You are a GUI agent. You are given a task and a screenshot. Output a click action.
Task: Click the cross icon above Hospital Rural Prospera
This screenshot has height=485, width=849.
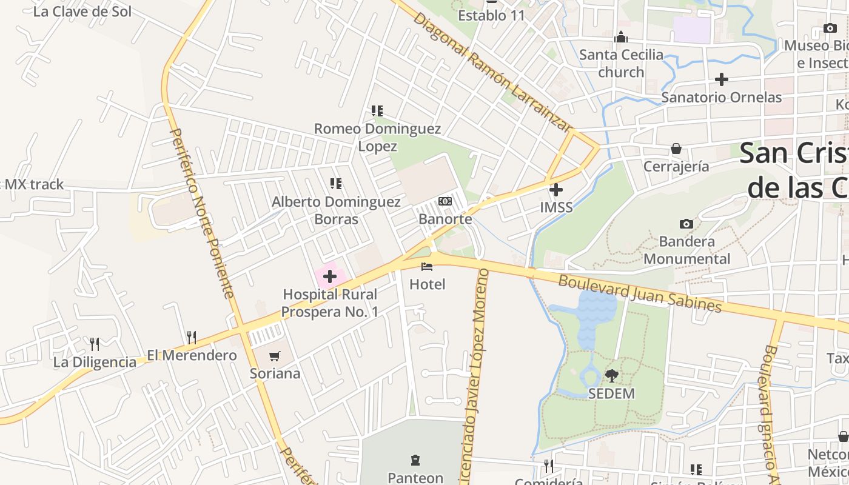click(x=330, y=277)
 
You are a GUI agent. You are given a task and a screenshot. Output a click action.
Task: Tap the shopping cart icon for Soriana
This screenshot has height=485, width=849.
click(x=275, y=356)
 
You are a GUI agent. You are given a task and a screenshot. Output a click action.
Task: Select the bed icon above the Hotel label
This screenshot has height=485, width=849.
click(x=427, y=266)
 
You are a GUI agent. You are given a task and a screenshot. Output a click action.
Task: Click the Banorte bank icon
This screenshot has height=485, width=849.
click(x=445, y=201)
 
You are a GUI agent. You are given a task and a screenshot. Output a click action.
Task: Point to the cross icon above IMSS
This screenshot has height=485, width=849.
click(x=555, y=190)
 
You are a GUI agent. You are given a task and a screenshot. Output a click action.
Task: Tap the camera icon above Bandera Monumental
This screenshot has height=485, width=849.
click(x=686, y=224)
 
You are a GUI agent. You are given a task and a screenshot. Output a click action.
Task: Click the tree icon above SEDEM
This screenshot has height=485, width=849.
click(x=611, y=376)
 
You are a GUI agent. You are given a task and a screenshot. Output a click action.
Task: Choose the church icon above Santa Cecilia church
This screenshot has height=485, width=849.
click(x=620, y=38)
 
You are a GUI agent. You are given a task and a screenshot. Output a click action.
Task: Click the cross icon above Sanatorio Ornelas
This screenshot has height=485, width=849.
click(x=721, y=79)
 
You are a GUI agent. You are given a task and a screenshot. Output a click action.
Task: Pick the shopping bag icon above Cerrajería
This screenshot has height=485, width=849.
click(x=676, y=149)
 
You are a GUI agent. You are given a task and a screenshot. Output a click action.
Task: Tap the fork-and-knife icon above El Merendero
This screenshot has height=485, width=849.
click(x=192, y=337)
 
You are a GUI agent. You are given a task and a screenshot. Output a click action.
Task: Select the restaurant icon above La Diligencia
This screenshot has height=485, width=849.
click(x=95, y=344)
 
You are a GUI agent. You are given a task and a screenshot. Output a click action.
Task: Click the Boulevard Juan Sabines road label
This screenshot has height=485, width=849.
click(x=640, y=294)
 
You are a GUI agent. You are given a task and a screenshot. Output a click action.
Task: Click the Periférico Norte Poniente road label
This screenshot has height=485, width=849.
click(x=201, y=212)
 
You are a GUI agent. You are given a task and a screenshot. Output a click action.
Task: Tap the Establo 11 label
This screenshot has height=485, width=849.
click(x=491, y=16)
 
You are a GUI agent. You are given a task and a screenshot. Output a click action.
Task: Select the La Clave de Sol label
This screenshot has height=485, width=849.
click(x=82, y=12)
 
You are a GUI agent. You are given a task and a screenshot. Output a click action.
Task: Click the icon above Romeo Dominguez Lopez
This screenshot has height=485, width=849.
click(x=377, y=111)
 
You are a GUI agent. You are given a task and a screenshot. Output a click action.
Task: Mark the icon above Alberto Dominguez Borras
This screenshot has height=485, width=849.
click(x=335, y=183)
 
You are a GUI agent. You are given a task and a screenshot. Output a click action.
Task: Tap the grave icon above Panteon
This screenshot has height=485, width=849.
click(x=415, y=460)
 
